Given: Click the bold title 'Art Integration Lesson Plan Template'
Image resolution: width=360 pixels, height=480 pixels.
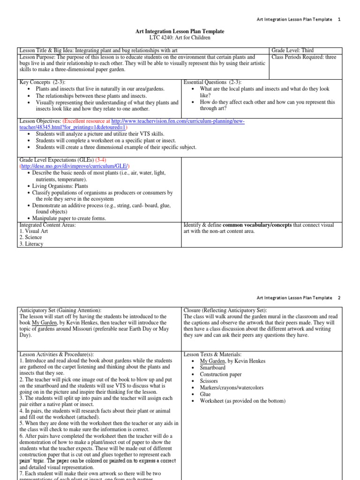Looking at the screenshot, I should coord(180,31).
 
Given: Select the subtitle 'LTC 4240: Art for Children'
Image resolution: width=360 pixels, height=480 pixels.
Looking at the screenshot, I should coord(180,37).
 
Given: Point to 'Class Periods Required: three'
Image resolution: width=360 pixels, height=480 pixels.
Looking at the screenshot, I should coord(304,57).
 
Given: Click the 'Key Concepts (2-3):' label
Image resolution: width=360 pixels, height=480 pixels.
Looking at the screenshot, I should coord(42,82).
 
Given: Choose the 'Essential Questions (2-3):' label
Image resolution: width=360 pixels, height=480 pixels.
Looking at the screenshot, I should coord(212,82).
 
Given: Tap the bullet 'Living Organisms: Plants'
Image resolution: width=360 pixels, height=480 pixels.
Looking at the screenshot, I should coord(60,186).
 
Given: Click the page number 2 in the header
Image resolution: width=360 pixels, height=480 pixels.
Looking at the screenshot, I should coord(339,298).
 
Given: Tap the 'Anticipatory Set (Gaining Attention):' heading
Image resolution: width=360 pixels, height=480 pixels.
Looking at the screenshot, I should coord(60,310).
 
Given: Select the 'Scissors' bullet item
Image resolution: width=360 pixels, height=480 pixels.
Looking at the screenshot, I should coord(209,381).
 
